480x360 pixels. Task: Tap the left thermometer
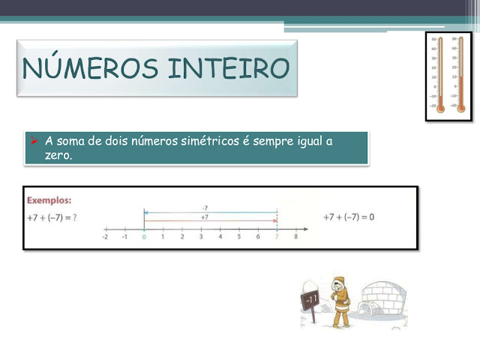(441, 76)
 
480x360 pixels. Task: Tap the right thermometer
(460, 76)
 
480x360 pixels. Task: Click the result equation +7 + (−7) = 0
(349, 217)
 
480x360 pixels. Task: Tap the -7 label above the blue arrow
(205, 208)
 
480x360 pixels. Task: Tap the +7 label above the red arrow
(205, 217)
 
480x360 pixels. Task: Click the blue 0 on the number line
(143, 237)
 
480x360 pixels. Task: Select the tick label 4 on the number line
(220, 237)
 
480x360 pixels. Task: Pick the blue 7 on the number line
(277, 237)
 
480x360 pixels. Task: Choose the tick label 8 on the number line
(296, 237)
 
